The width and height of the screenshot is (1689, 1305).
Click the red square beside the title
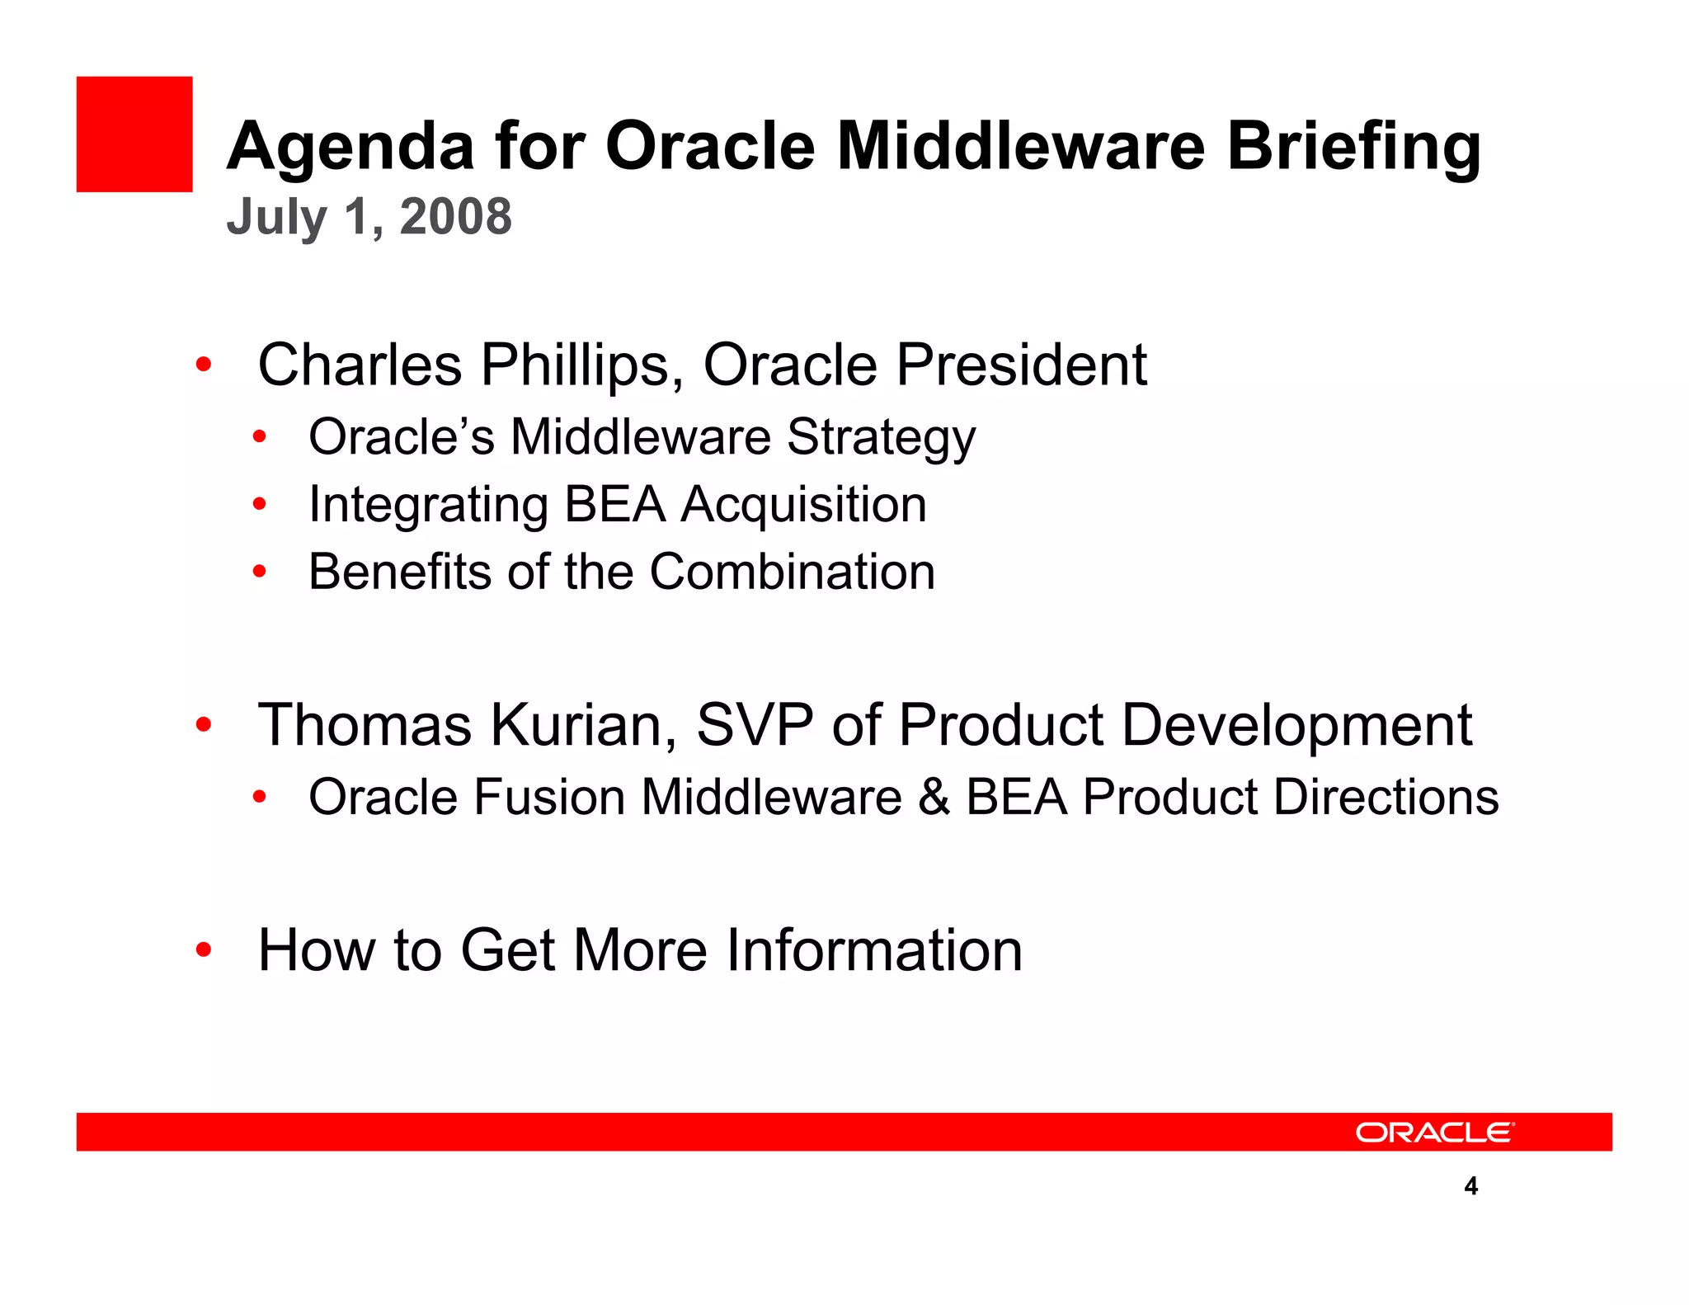pos(134,134)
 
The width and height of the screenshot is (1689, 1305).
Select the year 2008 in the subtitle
pos(455,217)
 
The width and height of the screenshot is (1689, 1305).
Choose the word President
pos(1021,365)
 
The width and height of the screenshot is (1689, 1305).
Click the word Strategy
pos(881,438)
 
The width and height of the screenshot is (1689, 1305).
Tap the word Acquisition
pos(803,505)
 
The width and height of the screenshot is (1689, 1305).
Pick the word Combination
pos(792,572)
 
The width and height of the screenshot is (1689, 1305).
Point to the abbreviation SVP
pos(754,726)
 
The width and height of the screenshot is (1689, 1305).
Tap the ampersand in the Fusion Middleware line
pos(934,798)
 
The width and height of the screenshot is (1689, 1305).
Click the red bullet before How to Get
pos(204,951)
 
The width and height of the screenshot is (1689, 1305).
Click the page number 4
pos(1470,1187)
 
